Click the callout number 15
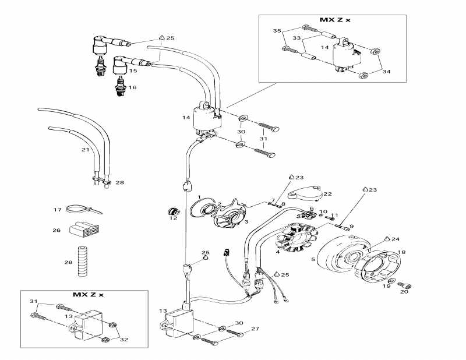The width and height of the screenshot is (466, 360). pos(133,70)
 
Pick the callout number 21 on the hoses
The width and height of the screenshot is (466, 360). pos(85,150)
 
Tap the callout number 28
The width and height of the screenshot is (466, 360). pos(120,183)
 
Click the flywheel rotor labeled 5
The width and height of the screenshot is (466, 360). pos(338,256)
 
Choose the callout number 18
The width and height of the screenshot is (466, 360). pos(401,252)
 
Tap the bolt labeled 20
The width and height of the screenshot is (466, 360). pos(407,285)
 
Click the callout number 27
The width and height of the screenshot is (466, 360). pos(255,329)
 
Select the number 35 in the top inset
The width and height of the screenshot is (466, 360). pos(277,30)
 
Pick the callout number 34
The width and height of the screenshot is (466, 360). pos(386,71)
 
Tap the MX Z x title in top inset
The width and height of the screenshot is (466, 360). pos(335,20)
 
